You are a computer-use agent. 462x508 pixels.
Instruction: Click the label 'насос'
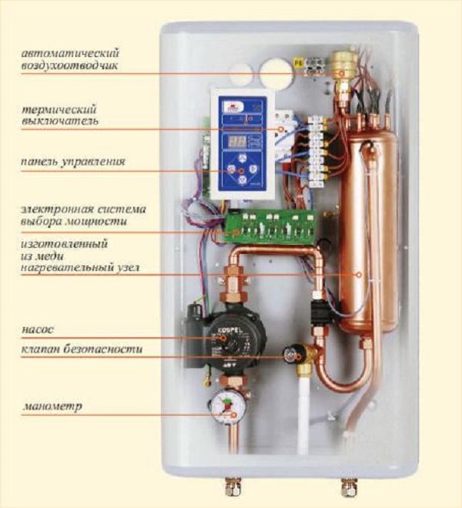tap(38, 329)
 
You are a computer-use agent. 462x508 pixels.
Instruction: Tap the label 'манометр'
tap(52, 406)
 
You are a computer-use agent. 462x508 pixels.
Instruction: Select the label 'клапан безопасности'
tap(82, 349)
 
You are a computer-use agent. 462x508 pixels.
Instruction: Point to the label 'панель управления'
tap(73, 162)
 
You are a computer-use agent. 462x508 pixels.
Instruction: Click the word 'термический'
tap(59, 109)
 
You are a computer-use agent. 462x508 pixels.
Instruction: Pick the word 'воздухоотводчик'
tap(69, 65)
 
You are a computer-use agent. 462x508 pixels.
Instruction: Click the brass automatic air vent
tap(341, 69)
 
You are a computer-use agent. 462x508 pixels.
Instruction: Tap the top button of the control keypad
tap(241, 159)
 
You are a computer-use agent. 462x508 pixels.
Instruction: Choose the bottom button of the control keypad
tap(241, 180)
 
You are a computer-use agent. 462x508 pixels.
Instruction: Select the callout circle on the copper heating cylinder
tap(359, 275)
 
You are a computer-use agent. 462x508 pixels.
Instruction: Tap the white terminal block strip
tap(316, 152)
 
